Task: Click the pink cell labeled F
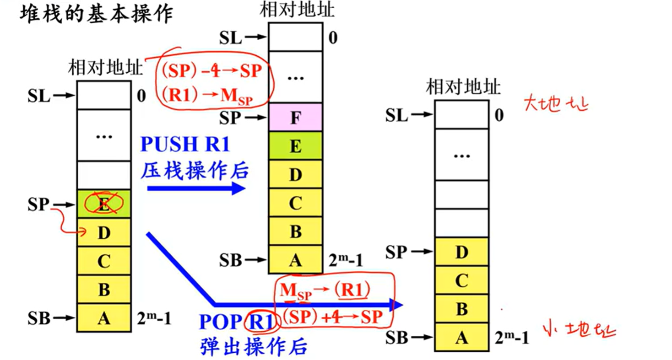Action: (x=295, y=118)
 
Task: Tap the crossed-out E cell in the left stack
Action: (x=104, y=204)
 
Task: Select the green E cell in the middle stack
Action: (x=295, y=147)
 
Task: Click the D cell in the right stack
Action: (x=462, y=252)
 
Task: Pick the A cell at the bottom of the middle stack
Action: (x=295, y=260)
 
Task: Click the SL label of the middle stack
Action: (x=231, y=38)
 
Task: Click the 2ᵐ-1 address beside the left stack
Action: (x=154, y=318)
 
